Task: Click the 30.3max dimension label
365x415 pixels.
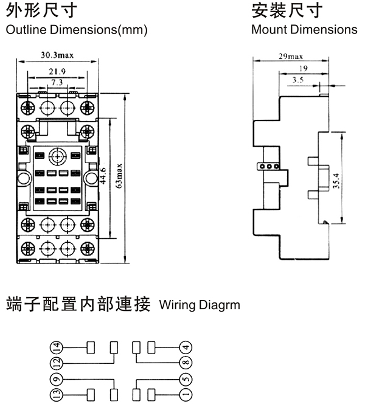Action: pos(57,55)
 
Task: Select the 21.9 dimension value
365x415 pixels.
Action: pos(57,72)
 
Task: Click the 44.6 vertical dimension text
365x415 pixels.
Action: pos(103,175)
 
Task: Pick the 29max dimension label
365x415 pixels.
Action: pos(291,56)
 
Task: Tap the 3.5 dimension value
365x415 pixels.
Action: pos(298,80)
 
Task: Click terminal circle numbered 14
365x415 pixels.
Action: pos(57,347)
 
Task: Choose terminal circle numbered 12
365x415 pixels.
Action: pos(57,363)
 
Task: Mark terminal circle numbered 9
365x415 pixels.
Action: pos(57,378)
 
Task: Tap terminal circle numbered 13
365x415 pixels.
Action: pos(57,394)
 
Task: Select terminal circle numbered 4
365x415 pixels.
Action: pos(186,347)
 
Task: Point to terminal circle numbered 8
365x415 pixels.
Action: pos(186,363)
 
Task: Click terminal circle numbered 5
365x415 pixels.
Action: pos(186,378)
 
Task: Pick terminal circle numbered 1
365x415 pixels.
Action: pos(186,394)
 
